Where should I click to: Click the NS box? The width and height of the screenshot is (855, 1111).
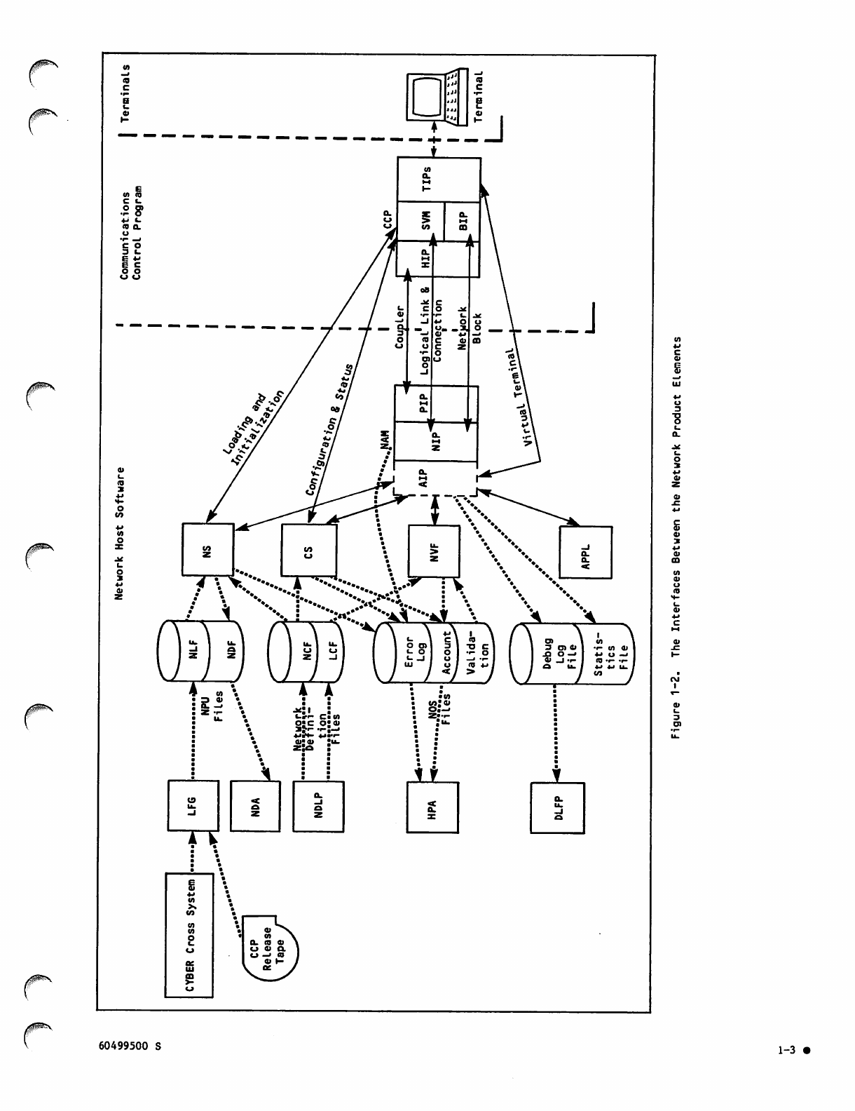207,550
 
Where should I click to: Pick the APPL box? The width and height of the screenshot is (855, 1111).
586,553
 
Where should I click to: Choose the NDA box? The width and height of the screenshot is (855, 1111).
255,806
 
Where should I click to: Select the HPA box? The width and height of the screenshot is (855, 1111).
432,807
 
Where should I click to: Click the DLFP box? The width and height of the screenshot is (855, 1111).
558,807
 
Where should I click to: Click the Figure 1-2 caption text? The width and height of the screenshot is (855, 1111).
676,537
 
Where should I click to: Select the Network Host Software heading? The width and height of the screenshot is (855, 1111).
120,533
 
